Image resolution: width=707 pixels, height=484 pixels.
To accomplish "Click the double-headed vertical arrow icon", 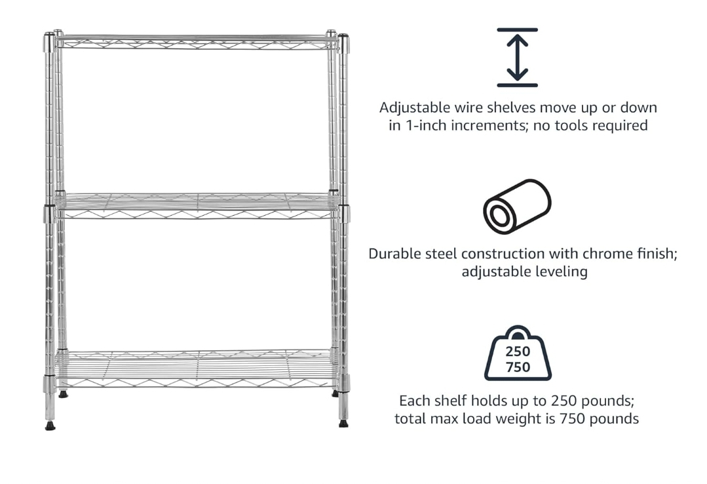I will coord(517,58).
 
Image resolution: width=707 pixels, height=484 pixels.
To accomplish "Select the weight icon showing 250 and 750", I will coord(518,354).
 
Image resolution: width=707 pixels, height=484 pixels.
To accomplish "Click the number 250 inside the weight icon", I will coord(518,352).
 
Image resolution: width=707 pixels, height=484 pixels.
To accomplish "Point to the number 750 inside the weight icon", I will coord(518,367).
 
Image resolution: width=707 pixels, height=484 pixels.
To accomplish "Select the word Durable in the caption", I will coord(395,254).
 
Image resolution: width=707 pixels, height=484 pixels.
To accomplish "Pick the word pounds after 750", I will coord(613,418).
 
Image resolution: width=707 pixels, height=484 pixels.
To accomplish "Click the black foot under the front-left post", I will coord(50,426).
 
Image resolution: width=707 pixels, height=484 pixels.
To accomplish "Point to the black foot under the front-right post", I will coord(343,424).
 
